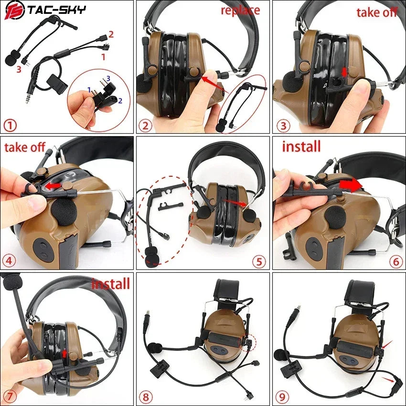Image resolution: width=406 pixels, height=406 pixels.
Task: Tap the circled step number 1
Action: click(10, 126)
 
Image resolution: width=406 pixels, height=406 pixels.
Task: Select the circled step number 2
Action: click(145, 126)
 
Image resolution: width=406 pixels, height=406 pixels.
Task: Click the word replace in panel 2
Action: click(240, 10)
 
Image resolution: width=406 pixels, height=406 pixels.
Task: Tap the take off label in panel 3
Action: click(377, 12)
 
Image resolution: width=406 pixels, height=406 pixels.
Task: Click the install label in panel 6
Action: click(301, 146)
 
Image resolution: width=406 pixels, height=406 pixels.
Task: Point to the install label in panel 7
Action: click(110, 284)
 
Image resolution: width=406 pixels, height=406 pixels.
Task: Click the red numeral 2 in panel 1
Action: click(111, 34)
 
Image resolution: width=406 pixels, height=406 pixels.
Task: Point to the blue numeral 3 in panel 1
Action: click(108, 78)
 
